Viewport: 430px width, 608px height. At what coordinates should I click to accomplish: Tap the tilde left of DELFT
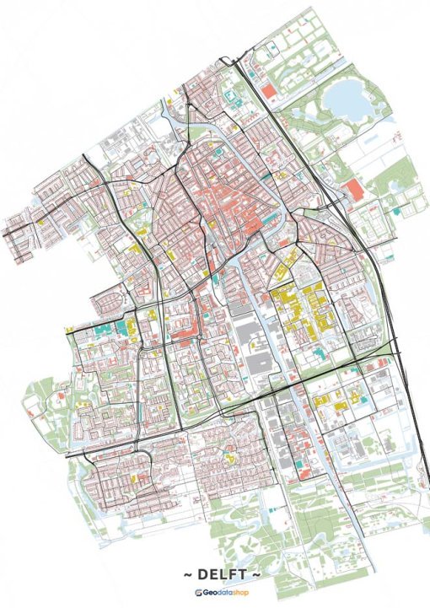tap(186, 574)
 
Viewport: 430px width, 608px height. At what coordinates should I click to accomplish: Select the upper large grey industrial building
tap(246, 329)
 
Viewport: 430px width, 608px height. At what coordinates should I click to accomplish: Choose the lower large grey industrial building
tap(258, 363)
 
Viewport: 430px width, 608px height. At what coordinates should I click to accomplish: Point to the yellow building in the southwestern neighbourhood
tap(84, 403)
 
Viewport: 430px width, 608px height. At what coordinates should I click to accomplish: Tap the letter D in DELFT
tap(198, 574)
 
